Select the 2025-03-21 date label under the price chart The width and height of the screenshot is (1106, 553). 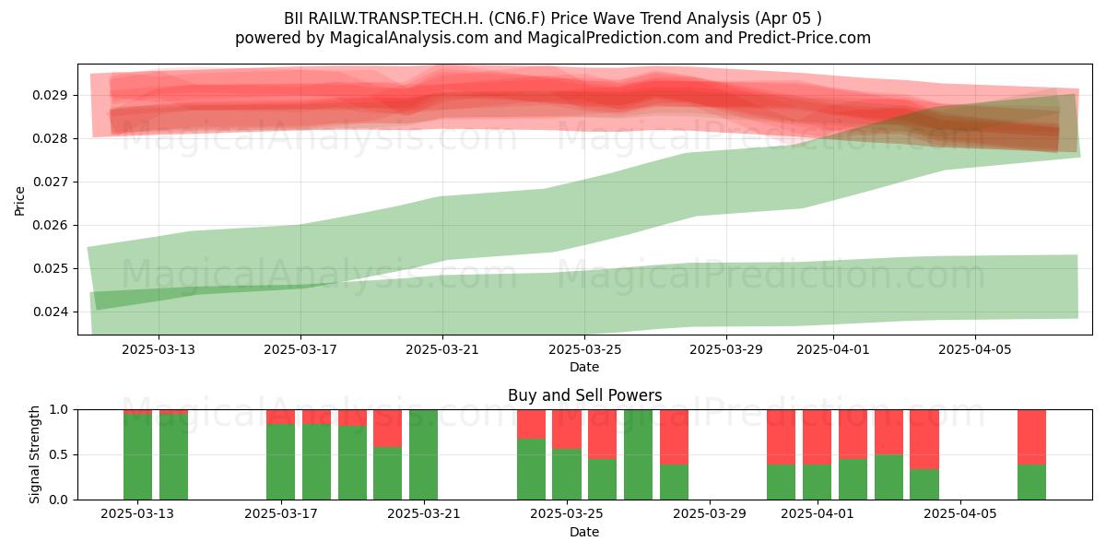pos(442,349)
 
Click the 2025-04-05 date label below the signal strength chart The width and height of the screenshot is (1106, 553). pos(960,514)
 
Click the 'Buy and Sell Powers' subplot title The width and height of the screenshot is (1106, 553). pos(584,395)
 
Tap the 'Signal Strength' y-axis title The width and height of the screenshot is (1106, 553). pos(34,454)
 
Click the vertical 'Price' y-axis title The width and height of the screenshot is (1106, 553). pos(19,201)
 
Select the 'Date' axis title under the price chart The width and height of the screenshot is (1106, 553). pos(584,368)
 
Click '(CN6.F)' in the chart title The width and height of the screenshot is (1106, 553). pos(517,18)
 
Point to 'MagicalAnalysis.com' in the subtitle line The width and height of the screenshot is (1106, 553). pos(409,38)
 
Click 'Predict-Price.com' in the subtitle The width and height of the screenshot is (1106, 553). pos(805,38)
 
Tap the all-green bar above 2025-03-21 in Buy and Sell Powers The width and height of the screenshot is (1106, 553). pos(423,454)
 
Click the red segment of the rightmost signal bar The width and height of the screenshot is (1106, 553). pos(1031,437)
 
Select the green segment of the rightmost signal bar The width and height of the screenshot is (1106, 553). pos(1031,482)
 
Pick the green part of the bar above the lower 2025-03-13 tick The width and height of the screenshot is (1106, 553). pos(137,457)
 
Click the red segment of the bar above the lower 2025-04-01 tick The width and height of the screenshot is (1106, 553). pos(817,437)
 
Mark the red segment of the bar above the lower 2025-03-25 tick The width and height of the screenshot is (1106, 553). pos(567,429)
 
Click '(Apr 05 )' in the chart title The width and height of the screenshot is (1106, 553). pos(788,18)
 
